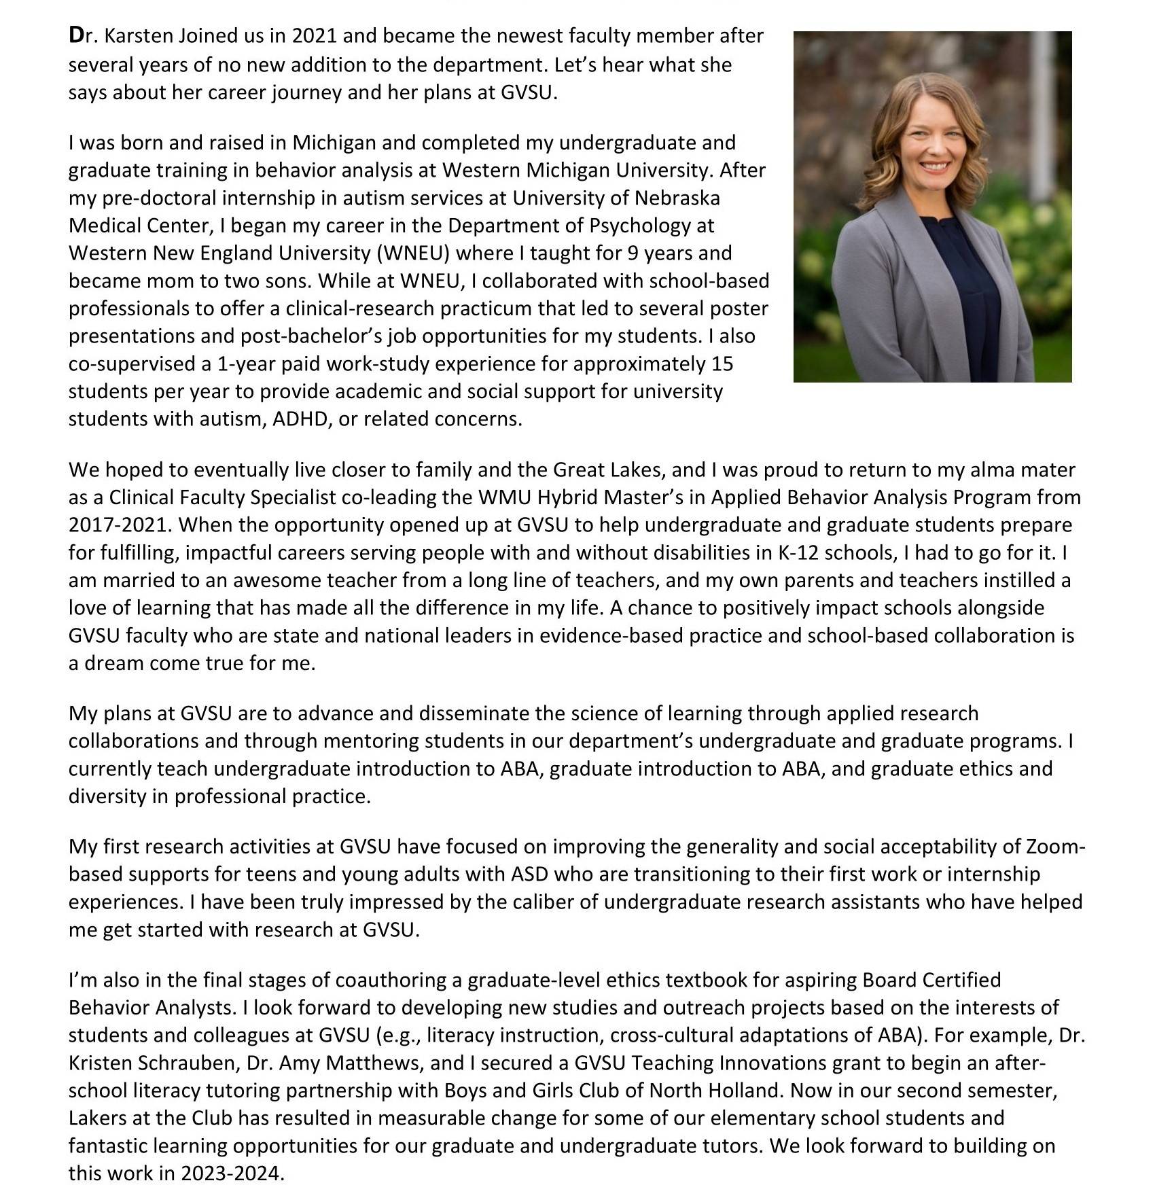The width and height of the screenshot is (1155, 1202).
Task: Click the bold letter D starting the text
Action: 76,35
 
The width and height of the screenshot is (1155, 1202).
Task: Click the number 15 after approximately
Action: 722,364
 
